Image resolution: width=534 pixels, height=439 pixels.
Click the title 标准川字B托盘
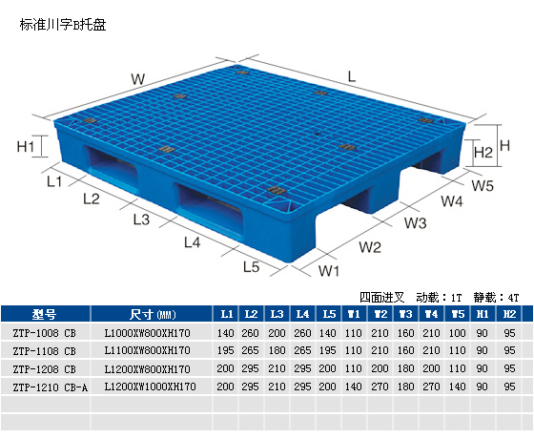coord(63,25)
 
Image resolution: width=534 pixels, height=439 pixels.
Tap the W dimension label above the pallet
coord(138,79)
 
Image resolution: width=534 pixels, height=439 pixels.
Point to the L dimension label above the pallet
coord(352,76)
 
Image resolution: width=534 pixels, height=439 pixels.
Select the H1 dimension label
coord(26,147)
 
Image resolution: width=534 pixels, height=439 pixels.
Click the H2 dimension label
coord(483,152)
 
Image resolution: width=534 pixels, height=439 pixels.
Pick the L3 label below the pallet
coord(141,219)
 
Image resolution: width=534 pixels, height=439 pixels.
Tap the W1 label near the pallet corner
coord(329,271)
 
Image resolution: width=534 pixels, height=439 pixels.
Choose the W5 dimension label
coord(483,186)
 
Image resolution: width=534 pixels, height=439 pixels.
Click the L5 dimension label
coord(252,266)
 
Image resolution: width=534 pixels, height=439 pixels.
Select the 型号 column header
coord(44,314)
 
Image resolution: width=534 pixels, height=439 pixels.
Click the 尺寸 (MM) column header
coord(153,314)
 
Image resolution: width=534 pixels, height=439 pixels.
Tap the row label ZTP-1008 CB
coord(44,333)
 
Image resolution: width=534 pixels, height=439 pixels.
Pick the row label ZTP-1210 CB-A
coord(50,387)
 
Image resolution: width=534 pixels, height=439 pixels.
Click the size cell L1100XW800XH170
coord(147,350)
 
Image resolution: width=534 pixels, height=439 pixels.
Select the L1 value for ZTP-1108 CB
coord(225,350)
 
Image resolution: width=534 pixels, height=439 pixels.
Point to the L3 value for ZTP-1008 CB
coord(277,333)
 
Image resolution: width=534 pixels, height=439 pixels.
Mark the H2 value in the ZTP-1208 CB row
coord(509,368)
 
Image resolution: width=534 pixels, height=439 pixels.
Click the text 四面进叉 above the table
coord(381,298)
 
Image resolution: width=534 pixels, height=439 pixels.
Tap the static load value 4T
coord(513,298)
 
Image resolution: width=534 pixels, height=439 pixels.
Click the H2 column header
coord(509,314)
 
